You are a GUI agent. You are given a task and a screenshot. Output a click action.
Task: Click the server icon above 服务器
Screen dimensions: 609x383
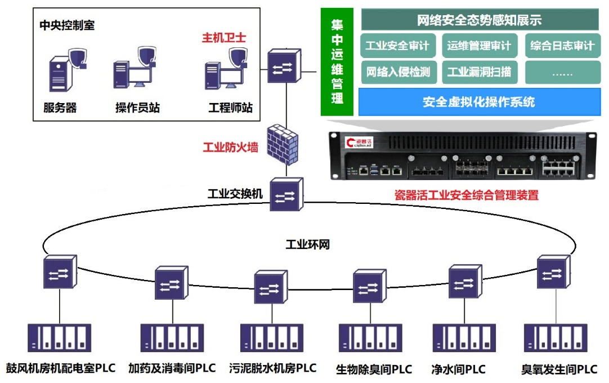click(60, 74)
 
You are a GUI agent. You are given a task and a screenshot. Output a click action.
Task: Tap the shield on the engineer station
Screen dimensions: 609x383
click(238, 57)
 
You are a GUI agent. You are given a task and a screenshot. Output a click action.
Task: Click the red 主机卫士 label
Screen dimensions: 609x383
click(223, 38)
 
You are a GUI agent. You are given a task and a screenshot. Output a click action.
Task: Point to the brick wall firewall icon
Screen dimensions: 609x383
click(283, 144)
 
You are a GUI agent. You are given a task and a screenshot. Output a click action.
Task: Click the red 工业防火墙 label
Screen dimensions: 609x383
click(230, 148)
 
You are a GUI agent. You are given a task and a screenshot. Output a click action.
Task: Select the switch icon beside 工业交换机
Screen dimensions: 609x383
click(286, 194)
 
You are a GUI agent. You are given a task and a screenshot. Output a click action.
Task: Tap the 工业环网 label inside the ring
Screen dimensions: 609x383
click(308, 244)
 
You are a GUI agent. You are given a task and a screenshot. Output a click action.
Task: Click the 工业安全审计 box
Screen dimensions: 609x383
click(398, 46)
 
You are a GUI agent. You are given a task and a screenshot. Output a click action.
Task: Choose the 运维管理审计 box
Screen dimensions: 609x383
click(480, 46)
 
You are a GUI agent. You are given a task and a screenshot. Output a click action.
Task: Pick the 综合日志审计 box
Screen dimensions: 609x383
click(563, 46)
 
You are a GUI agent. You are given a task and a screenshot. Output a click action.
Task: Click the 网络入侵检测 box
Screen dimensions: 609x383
click(399, 72)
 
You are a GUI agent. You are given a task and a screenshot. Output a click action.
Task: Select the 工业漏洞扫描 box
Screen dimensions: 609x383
click(480, 72)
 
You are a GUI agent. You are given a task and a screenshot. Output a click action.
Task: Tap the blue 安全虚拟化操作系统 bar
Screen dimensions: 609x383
click(480, 102)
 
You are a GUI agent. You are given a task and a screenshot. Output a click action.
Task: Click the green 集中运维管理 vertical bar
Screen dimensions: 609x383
click(337, 62)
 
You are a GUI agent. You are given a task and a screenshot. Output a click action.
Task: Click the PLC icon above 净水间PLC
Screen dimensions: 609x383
click(464, 338)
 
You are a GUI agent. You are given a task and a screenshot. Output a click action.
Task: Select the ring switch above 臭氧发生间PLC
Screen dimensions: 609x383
click(553, 272)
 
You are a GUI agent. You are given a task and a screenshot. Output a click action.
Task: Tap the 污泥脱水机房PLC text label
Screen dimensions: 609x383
click(272, 368)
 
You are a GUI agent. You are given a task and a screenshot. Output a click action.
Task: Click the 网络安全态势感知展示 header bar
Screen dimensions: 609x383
click(480, 20)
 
